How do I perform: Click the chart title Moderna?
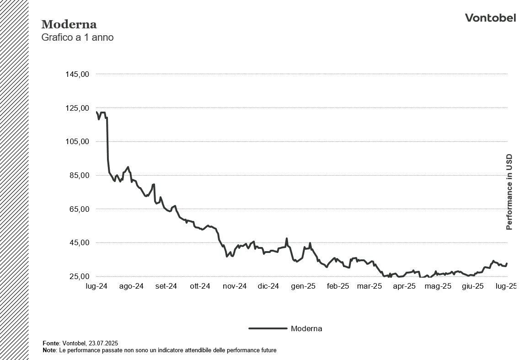click(x=69, y=24)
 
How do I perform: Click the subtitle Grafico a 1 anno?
click(x=77, y=38)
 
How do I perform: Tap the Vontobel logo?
click(x=490, y=18)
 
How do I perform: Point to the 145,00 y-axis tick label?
click(x=78, y=74)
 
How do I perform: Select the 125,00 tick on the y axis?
click(x=78, y=108)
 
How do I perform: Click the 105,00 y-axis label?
click(x=78, y=142)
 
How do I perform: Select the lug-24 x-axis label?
click(x=97, y=286)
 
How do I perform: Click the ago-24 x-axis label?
click(x=132, y=286)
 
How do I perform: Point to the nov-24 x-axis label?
click(x=235, y=286)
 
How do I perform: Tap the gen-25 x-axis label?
click(x=304, y=286)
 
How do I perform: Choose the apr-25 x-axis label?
click(x=404, y=286)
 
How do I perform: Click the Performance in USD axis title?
click(x=509, y=192)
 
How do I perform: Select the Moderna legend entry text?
click(x=306, y=328)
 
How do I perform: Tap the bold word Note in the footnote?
click(x=49, y=350)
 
